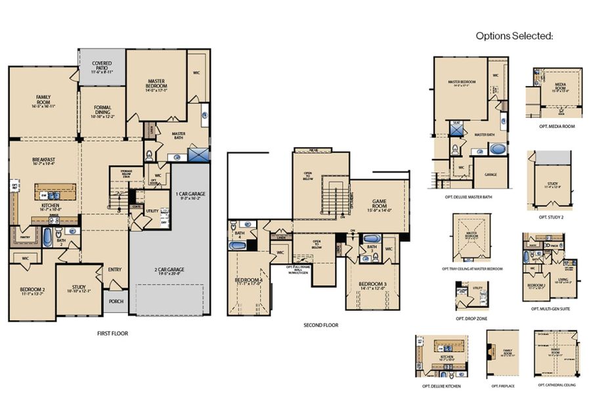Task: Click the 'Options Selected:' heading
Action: tap(514, 36)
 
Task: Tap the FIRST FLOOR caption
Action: tap(112, 334)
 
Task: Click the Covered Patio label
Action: tap(102, 66)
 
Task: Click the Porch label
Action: tap(116, 302)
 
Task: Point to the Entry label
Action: tap(114, 269)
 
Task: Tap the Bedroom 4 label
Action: tap(249, 282)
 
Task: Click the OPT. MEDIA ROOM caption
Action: tap(556, 126)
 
